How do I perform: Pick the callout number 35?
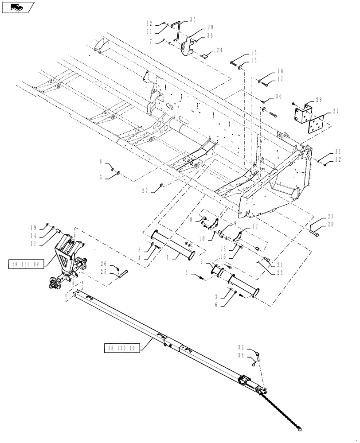[192, 19]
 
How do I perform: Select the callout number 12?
[254, 227]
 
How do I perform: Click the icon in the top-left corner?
[17, 7]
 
